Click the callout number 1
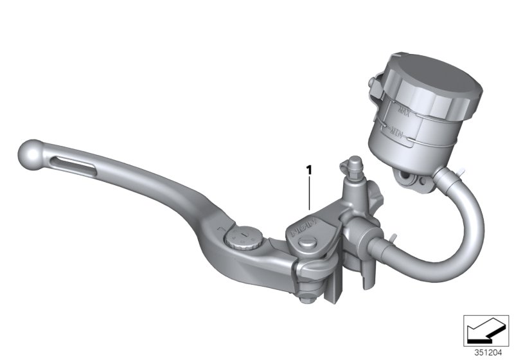point(309,170)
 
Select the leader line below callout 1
point(309,193)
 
